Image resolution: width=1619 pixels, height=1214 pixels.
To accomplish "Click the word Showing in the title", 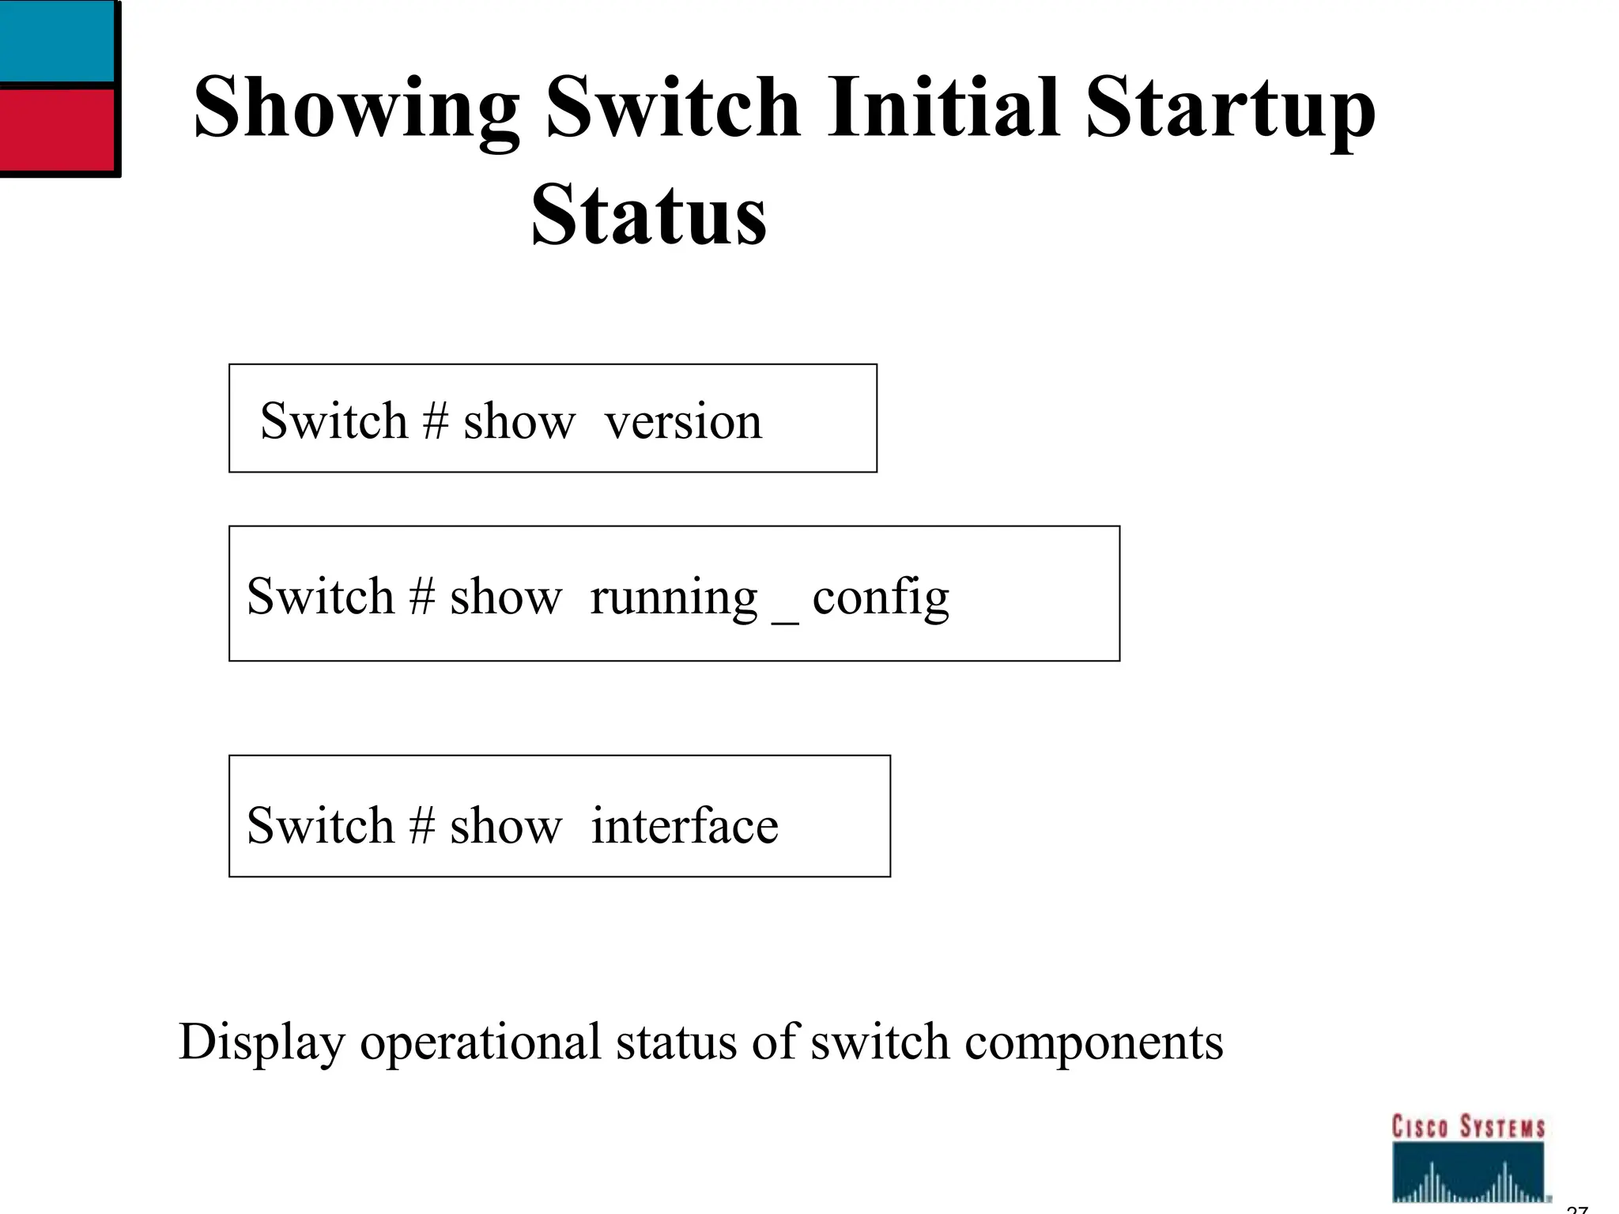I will pyautogui.click(x=356, y=109).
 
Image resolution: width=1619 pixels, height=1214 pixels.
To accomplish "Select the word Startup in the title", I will pyautogui.click(x=1230, y=109).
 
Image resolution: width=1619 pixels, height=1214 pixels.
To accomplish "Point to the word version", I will pyautogui.click(x=683, y=421).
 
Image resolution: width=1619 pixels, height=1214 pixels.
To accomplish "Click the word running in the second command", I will pyautogui.click(x=674, y=598).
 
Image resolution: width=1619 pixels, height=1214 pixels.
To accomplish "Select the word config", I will pyautogui.click(x=881, y=598).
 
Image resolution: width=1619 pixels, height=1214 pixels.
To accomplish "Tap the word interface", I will pyautogui.click(x=685, y=826).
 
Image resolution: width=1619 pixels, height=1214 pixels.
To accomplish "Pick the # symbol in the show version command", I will pyautogui.click(x=436, y=420).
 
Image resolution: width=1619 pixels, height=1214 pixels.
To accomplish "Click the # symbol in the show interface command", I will pyautogui.click(x=422, y=826).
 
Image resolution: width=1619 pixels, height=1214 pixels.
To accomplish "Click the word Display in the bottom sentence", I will pyautogui.click(x=262, y=1042).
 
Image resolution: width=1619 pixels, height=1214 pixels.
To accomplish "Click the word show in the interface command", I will pyautogui.click(x=505, y=826).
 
